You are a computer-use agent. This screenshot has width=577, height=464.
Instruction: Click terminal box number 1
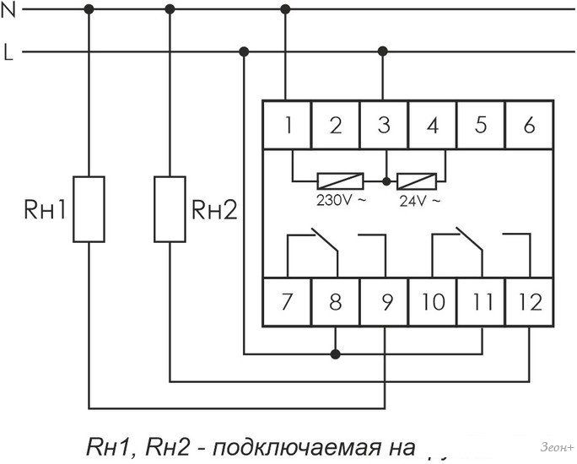coord(288,126)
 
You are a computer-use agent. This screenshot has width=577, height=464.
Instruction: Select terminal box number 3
coord(385,126)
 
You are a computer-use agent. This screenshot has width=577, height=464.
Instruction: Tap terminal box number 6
coord(529,126)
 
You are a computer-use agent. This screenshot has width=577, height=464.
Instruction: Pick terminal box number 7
coord(288,301)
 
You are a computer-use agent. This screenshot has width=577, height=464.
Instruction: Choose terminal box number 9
coord(385,301)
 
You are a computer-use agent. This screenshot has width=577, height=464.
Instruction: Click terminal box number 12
coord(529,301)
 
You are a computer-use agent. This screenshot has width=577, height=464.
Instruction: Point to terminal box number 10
coord(433,301)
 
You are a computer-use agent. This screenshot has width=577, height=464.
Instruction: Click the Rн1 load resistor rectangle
coord(89,209)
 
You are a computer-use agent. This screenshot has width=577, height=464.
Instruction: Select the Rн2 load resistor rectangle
coord(170,209)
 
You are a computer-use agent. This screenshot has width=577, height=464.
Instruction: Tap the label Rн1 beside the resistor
coord(43,210)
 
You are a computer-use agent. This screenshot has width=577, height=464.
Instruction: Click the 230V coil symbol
coord(340,180)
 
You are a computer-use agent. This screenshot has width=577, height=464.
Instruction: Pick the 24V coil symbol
coord(418,180)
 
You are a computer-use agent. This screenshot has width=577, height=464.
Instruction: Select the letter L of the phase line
coord(8,54)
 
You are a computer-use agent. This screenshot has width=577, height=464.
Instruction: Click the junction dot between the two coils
coord(386,181)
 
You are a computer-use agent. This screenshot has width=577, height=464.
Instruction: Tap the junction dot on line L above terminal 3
coord(385,51)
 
